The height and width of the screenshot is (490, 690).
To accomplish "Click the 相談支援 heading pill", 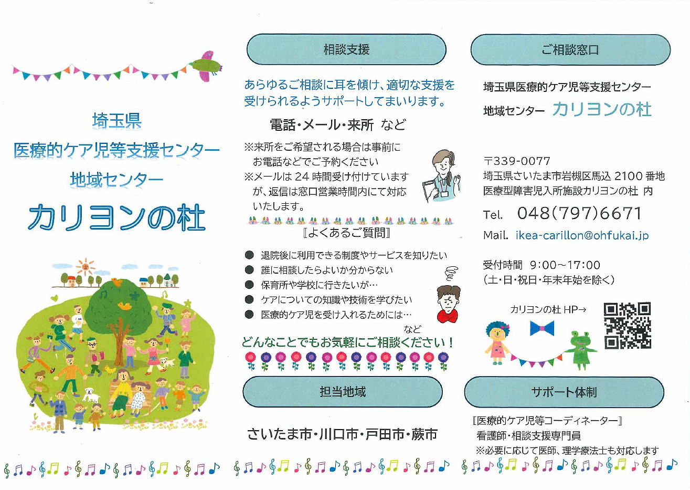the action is click(346, 49).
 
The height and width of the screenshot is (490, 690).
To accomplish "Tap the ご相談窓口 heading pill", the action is click(570, 50).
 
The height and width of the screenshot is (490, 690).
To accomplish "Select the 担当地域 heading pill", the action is click(343, 392).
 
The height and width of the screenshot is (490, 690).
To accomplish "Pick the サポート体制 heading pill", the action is click(564, 392).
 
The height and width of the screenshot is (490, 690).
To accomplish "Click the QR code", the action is click(628, 325).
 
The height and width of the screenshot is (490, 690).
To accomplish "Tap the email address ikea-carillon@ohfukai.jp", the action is click(582, 236).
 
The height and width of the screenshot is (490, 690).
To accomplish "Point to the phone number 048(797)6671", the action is click(579, 213).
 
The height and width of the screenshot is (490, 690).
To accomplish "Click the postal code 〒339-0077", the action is click(516, 161).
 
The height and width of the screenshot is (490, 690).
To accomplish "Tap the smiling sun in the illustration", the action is click(86, 267).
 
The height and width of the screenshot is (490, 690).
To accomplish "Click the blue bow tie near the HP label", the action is click(542, 328).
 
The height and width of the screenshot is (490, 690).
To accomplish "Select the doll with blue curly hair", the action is click(497, 343).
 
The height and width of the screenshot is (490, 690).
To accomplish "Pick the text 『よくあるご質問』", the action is click(347, 233).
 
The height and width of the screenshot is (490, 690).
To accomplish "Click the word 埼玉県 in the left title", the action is click(116, 121).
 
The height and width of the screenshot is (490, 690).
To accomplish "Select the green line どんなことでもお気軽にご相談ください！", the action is click(347, 342).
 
